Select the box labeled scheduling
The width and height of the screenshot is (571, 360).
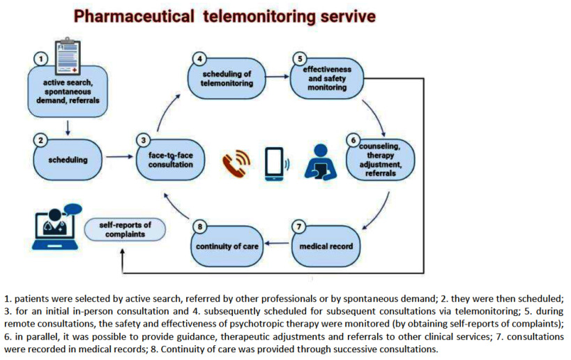point(68,160)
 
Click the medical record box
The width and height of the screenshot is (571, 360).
point(326,246)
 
